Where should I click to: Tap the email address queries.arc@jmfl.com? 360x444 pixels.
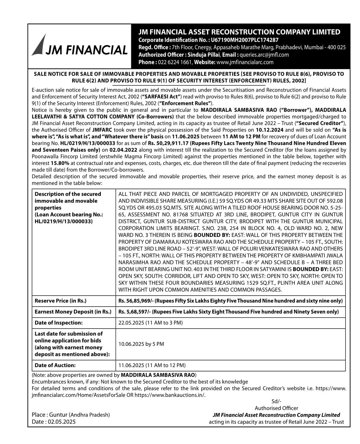[x=264, y=55]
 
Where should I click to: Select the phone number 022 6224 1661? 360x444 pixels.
[x=175, y=62]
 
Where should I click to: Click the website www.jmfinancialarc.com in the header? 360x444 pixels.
[x=245, y=62]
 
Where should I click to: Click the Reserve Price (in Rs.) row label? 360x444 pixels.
[x=61, y=301]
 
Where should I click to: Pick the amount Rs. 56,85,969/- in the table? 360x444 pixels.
[x=135, y=301]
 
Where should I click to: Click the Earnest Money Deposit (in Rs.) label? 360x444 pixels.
[x=73, y=312]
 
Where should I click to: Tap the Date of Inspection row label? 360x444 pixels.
[x=58, y=323]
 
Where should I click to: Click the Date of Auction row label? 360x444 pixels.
[x=55, y=365]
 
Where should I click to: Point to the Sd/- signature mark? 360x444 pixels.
[x=276, y=401]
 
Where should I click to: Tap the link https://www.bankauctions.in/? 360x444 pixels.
[x=170, y=395]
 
